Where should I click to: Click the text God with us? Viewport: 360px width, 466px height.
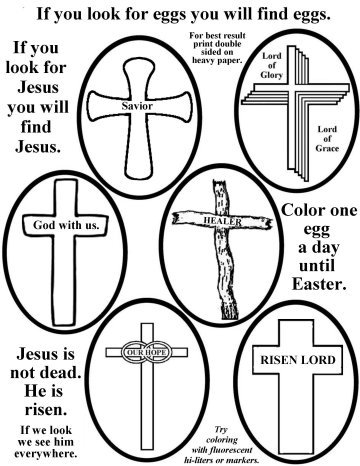point(67,226)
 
